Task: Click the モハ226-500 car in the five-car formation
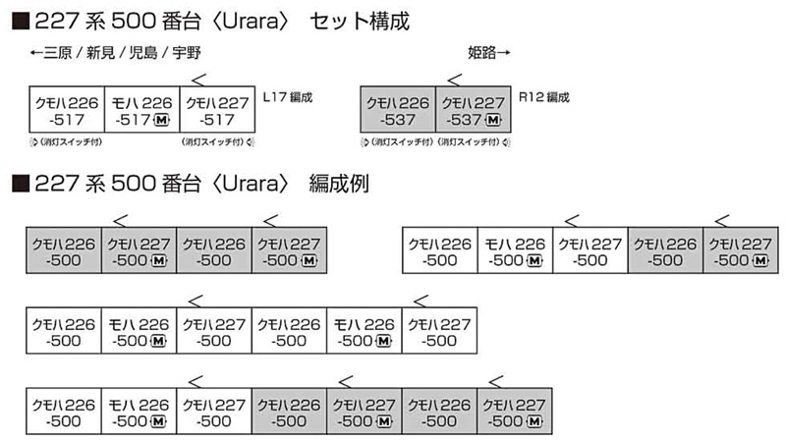[x=515, y=250]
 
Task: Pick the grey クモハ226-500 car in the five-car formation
[x=665, y=250]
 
